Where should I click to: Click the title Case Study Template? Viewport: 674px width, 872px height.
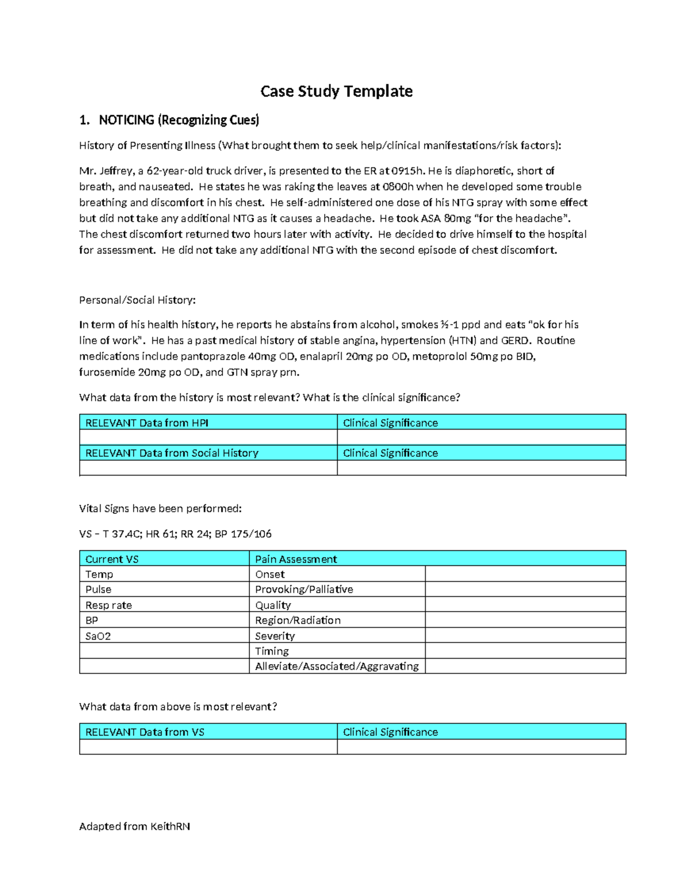click(336, 92)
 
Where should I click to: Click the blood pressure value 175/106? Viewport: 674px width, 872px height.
click(251, 534)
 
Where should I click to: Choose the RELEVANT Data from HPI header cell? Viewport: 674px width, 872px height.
click(147, 423)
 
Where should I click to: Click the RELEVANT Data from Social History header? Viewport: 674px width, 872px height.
click(171, 453)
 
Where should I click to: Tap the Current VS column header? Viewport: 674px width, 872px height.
click(112, 559)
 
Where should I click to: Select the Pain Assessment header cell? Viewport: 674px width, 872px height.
click(296, 559)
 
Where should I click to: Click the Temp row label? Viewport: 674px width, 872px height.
click(99, 574)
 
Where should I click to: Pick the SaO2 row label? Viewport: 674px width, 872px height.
click(98, 636)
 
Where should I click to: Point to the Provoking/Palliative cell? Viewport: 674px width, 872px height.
click(304, 590)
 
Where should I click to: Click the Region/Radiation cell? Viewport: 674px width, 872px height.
click(298, 620)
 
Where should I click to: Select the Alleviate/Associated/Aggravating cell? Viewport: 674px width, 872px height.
click(337, 666)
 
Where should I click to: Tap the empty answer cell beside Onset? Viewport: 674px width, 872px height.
click(525, 574)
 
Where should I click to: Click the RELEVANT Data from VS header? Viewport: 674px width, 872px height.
click(145, 732)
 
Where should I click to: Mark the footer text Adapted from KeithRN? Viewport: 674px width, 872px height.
click(135, 827)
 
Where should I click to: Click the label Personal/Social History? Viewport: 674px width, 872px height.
click(138, 300)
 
